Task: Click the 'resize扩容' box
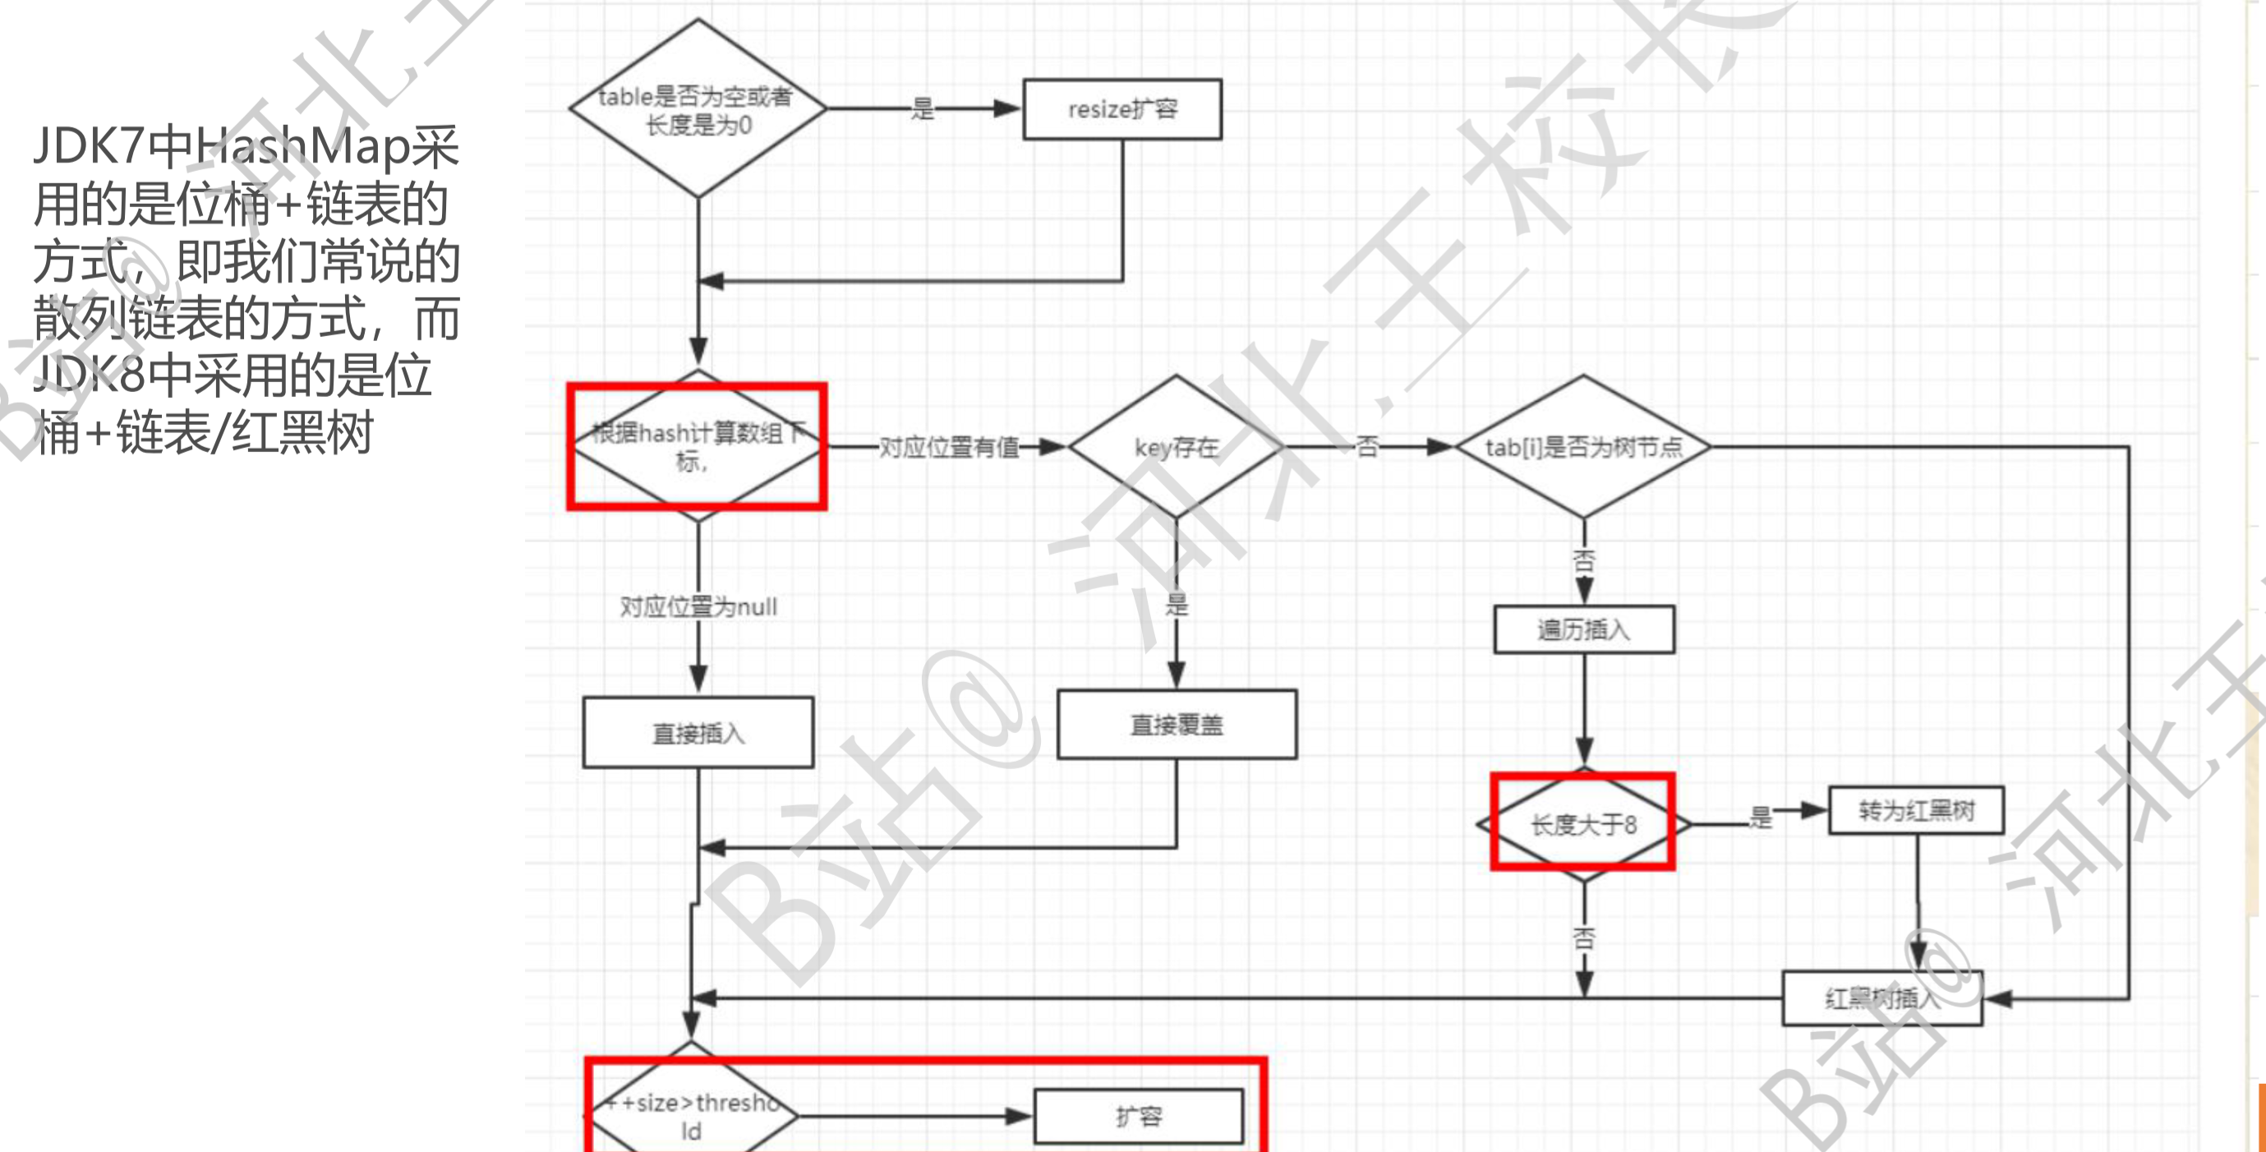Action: point(1121,109)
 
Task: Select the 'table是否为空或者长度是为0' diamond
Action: point(697,109)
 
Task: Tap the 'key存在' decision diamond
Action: point(1176,447)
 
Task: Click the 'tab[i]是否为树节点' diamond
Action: point(1582,447)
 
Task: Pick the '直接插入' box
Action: point(698,732)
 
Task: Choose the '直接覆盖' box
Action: point(1176,724)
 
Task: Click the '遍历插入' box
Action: point(1583,629)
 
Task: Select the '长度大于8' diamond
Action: point(1583,825)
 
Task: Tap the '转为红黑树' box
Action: point(1916,809)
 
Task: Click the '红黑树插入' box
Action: point(1881,998)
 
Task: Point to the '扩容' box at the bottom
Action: point(1138,1117)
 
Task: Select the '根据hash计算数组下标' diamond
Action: point(697,446)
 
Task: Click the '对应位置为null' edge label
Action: point(698,606)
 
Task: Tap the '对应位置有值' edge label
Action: point(948,447)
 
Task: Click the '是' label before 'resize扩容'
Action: point(922,109)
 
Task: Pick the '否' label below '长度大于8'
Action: point(1583,938)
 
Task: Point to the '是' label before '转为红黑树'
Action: point(1759,818)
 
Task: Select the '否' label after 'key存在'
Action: point(1366,447)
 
